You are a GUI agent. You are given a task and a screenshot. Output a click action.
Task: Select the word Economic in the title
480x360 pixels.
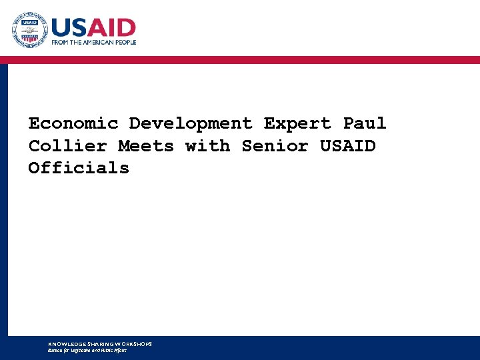point(73,124)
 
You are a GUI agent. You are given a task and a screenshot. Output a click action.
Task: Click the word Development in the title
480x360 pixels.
point(191,124)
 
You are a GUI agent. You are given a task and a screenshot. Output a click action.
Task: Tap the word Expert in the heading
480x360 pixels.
point(297,124)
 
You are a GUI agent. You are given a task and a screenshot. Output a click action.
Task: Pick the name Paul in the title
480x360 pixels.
point(365,124)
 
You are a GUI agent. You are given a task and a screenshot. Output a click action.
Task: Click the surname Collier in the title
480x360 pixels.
point(67,146)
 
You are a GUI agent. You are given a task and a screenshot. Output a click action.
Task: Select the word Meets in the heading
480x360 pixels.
point(146,146)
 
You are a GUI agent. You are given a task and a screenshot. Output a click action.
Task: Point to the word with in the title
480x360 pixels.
point(207,146)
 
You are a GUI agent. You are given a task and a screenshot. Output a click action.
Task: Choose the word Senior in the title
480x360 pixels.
point(275,146)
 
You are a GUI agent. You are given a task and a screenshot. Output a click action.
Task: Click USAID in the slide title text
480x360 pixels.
point(348,146)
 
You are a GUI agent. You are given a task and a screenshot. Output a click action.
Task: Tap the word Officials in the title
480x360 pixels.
point(79,168)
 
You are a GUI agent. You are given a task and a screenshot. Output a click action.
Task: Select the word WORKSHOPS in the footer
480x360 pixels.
point(133,344)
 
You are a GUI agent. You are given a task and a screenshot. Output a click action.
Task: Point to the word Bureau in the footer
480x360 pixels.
point(55,350)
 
